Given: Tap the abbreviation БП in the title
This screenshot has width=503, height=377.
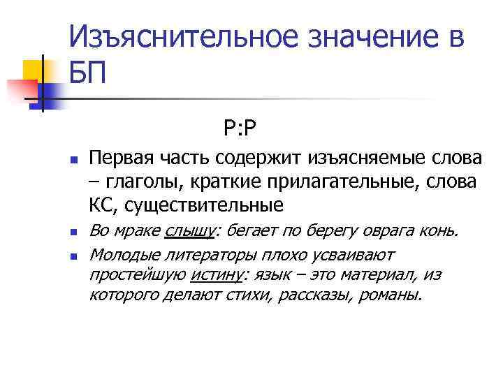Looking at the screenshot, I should [x=89, y=72].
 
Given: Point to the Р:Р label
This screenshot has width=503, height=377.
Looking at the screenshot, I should [x=242, y=128].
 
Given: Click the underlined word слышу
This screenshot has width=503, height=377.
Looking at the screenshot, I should [x=191, y=231].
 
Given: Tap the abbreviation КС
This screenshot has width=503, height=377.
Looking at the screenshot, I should [x=100, y=205].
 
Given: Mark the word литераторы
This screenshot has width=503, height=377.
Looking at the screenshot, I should [x=194, y=254].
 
